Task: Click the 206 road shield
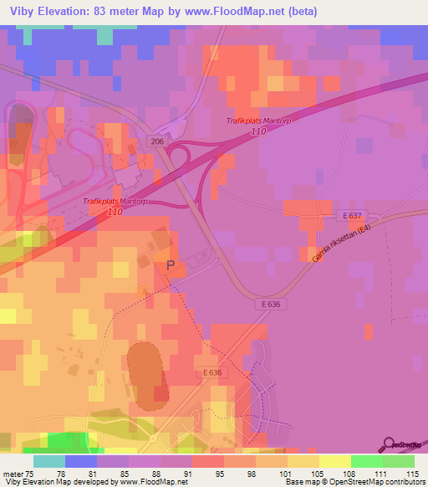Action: point(158,141)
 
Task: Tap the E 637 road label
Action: point(354,217)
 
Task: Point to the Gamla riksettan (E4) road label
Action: point(340,242)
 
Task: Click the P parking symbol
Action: point(171,265)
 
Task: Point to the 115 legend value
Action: point(410,473)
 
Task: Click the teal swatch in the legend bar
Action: point(48,461)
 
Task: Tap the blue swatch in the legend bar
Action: point(80,461)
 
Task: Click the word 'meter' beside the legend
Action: point(11,473)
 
